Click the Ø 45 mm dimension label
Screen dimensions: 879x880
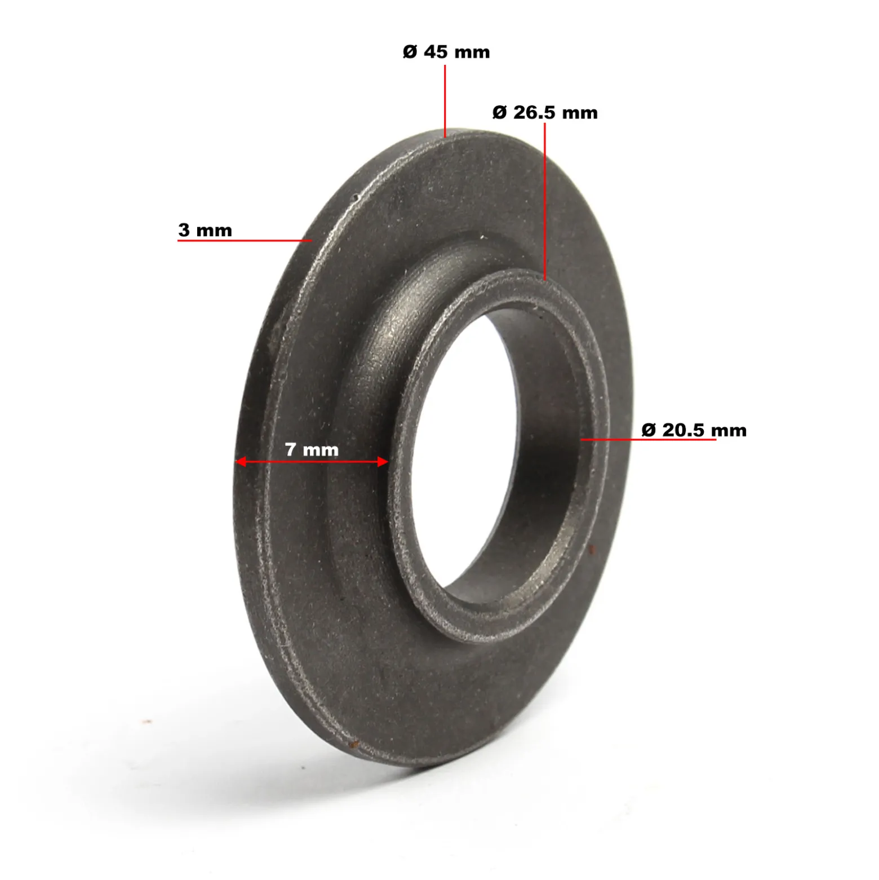[446, 52]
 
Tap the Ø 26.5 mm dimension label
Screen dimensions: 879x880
[545, 112]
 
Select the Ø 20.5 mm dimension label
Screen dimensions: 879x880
[694, 430]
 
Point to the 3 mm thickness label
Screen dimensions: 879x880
[205, 230]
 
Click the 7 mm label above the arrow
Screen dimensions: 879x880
[312, 449]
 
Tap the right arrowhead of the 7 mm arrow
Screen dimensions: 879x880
[382, 462]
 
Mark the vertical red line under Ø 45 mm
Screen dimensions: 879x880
[445, 101]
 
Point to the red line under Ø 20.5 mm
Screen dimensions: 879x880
[648, 439]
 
